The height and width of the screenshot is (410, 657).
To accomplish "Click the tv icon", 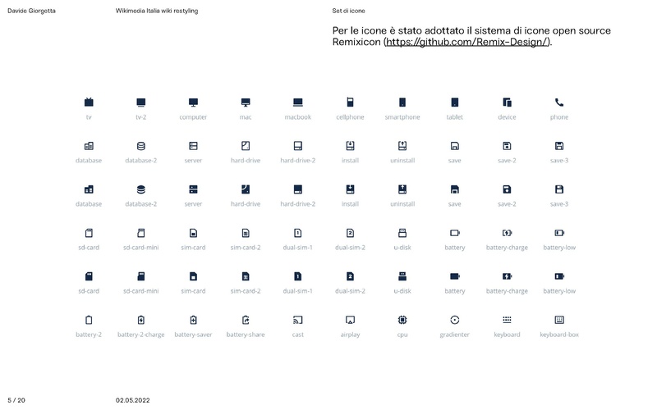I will tap(89, 102).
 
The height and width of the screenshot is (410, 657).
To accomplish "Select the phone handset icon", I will tap(559, 102).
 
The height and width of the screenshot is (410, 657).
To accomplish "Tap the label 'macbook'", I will tap(298, 117).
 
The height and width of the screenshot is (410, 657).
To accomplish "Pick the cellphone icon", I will tap(350, 102).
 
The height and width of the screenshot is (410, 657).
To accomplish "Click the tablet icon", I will tap(454, 102).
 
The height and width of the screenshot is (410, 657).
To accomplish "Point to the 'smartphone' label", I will tap(402, 117).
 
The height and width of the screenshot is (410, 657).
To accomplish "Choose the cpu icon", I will tap(402, 319).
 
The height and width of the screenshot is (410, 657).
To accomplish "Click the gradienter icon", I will tap(454, 319).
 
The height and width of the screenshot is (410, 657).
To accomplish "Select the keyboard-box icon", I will tap(559, 319).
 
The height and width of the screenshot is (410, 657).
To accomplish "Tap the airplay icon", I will tap(350, 319).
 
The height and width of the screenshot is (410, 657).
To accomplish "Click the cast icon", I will tap(298, 319).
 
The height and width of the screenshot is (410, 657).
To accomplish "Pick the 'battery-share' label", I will tap(246, 335).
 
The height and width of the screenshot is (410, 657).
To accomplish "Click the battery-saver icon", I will tap(193, 319).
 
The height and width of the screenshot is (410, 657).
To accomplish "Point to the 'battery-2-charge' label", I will tap(141, 335).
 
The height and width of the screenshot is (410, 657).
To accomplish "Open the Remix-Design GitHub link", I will tap(468, 42).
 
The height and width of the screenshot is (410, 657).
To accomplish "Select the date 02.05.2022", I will tap(132, 400).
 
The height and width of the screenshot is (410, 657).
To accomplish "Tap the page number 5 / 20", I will tap(16, 400).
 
